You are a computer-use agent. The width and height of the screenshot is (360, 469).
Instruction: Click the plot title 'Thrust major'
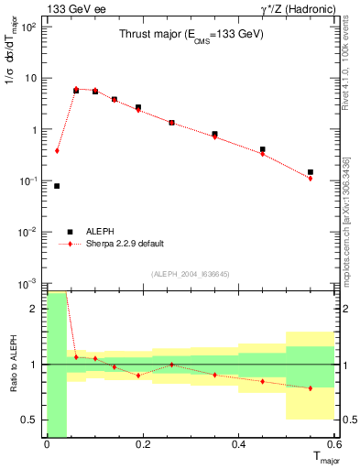191,35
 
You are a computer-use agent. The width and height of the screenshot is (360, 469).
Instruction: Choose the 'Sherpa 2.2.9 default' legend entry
114,244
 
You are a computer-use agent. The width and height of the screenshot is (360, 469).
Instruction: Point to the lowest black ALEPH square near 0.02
57,186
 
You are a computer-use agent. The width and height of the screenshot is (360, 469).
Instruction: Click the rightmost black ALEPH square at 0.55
311,172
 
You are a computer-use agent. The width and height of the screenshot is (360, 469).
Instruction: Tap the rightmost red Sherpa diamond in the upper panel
311,178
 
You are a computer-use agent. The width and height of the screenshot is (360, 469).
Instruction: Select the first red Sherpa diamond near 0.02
57,150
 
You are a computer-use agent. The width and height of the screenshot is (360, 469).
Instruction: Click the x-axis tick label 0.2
142,444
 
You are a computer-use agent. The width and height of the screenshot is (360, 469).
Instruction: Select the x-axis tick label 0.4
238,444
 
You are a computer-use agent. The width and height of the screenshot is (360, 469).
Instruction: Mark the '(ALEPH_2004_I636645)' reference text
191,273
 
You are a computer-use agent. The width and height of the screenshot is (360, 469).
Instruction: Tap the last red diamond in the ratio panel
311,388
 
